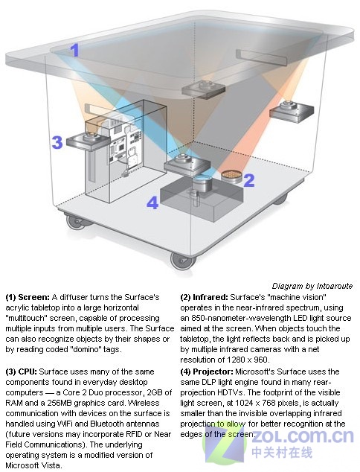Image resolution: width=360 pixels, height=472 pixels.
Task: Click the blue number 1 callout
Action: coord(75,51)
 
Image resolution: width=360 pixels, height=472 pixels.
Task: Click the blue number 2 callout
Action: coord(249,179)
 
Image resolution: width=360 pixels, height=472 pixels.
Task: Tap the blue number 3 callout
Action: coord(57,142)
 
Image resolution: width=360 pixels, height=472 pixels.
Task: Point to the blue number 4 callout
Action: coord(152,202)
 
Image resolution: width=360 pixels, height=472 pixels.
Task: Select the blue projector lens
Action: coord(202,184)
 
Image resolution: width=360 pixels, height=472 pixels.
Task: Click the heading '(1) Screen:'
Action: coord(28,297)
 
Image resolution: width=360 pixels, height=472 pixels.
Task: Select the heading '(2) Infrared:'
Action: coord(205,297)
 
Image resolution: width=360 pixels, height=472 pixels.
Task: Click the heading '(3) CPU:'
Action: coord(22,371)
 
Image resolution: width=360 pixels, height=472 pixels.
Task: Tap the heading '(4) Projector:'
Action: coord(207,371)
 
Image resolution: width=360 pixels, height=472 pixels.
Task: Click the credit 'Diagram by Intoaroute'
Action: coord(312,286)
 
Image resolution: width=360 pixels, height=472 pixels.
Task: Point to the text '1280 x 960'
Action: coord(247,360)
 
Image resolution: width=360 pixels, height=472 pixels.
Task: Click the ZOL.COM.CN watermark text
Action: coord(303,436)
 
